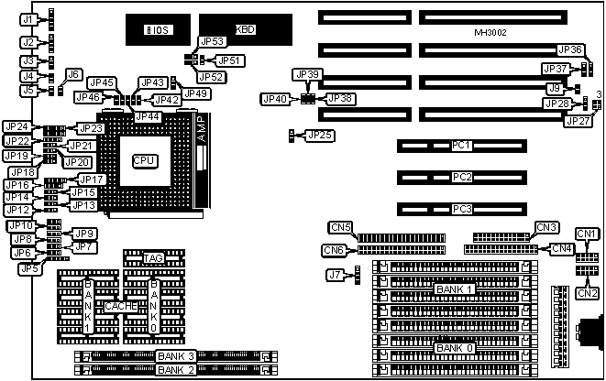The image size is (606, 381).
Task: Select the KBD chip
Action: tap(246, 29)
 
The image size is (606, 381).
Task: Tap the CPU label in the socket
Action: tap(144, 160)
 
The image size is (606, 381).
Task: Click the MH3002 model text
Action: tap(492, 33)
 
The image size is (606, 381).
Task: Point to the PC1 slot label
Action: tap(463, 146)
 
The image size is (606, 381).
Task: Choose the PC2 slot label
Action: tap(463, 177)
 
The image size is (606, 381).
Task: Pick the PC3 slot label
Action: tap(463, 209)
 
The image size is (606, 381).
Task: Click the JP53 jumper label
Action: tap(212, 41)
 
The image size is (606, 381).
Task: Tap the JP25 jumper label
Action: tap(319, 136)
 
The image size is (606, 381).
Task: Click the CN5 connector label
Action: tap(341, 227)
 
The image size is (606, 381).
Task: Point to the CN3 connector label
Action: tap(546, 227)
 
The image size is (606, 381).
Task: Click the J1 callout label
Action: tap(28, 19)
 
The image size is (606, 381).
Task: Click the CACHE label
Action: tap(119, 306)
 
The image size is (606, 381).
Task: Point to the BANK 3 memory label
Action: tap(175, 355)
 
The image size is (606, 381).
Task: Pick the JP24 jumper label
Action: tap(17, 126)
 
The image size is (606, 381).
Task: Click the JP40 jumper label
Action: tap(273, 98)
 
